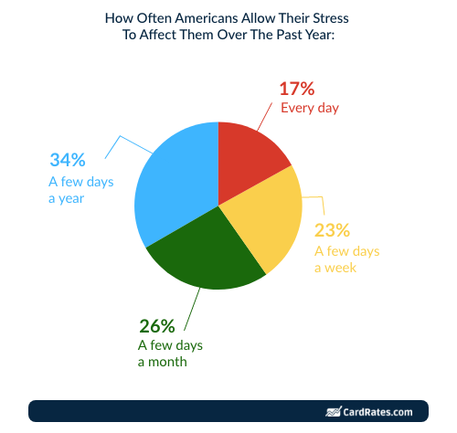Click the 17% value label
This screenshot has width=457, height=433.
pos(297,89)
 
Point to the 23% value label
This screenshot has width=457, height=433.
pos(332,230)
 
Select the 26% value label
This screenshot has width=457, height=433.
pos(157,326)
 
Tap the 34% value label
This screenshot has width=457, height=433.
pos(68,160)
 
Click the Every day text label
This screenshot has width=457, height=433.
pos(310,108)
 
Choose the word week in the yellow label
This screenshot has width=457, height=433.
pos(340,268)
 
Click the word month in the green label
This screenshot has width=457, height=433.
pos(167,362)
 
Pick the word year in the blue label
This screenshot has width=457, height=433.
pos(71,199)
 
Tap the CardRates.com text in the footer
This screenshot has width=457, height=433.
pos(377,412)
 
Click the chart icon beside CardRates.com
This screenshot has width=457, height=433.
pos(334,412)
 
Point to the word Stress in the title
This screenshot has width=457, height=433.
pos(331,18)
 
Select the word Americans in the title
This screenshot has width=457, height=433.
pos(207,18)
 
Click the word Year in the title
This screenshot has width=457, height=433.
pos(322,35)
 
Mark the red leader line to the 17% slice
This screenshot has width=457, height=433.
pos(264,117)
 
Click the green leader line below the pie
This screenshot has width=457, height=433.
pos(192,309)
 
